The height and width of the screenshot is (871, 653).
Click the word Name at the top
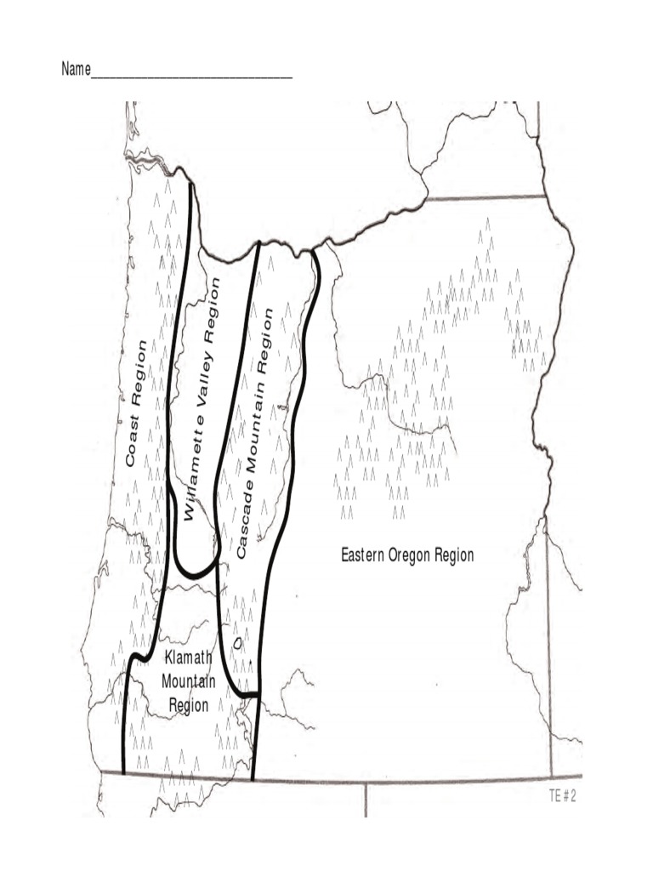75,69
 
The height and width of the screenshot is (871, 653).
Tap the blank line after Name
191,76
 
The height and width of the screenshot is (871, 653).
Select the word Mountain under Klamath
189,681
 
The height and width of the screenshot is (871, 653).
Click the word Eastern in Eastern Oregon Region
363,556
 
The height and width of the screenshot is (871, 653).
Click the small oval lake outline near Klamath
238,644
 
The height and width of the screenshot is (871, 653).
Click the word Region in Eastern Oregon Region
454,556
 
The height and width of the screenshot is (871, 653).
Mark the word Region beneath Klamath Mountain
189,705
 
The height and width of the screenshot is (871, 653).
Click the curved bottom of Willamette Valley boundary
196,574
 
